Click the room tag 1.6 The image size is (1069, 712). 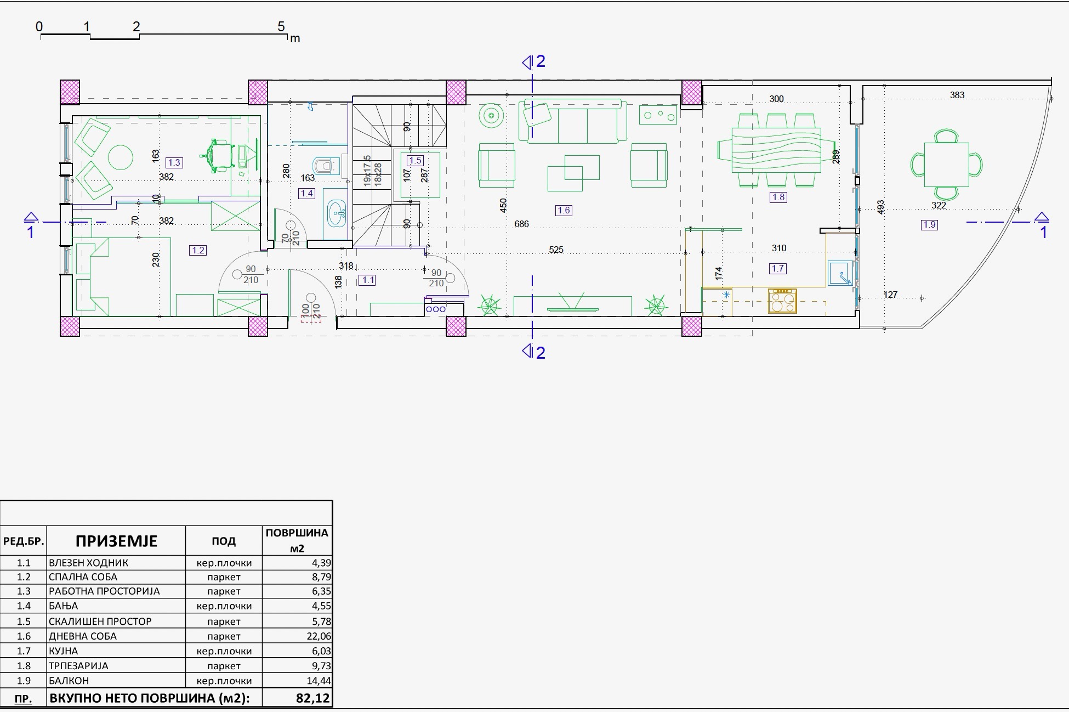(564, 210)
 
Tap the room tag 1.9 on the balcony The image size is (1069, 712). (929, 224)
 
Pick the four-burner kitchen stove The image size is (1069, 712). (782, 301)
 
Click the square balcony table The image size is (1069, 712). (946, 164)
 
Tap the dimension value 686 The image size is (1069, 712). (521, 224)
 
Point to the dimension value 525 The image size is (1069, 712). (556, 250)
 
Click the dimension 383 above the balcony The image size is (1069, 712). (957, 95)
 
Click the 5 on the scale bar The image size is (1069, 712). (281, 26)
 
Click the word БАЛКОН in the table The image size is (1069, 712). (69, 680)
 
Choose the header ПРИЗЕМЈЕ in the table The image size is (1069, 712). (116, 541)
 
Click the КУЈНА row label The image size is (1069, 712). (63, 651)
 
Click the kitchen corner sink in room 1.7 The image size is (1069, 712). (840, 273)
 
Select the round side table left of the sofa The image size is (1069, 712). (491, 116)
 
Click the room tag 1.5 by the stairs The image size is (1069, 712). (415, 160)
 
